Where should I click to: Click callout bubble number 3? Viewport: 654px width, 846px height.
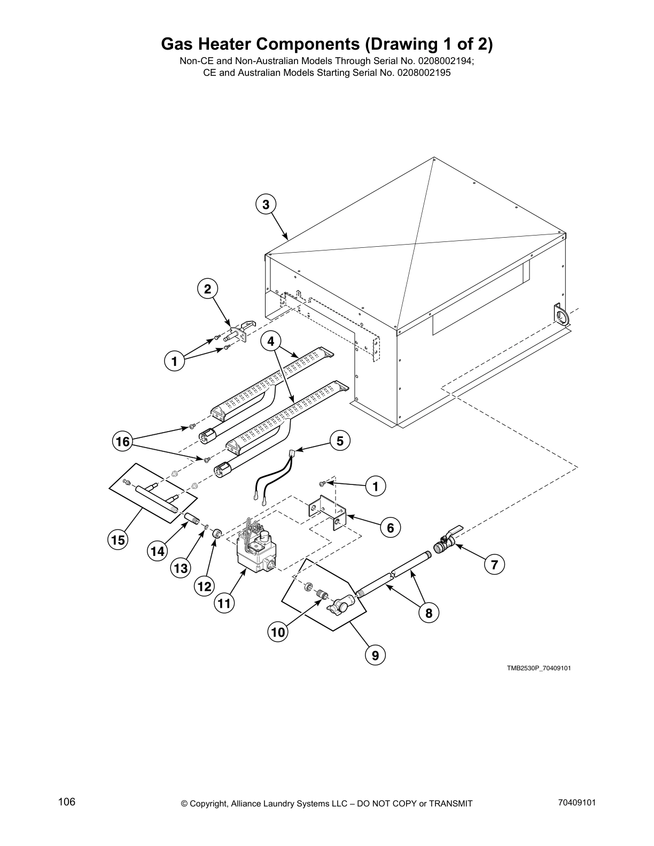[x=266, y=204]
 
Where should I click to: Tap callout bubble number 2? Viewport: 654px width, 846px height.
[x=207, y=289]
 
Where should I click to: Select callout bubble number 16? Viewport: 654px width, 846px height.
[x=123, y=441]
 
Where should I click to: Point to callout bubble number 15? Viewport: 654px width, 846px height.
[x=118, y=540]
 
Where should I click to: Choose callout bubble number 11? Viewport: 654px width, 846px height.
[x=225, y=604]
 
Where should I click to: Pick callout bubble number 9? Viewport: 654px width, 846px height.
[x=375, y=655]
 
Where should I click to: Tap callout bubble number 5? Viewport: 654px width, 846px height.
[x=340, y=441]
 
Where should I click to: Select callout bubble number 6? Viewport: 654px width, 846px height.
[x=390, y=528]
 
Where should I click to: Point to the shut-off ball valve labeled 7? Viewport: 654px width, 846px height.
[x=445, y=543]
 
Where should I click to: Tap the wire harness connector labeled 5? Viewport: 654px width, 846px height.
[x=292, y=453]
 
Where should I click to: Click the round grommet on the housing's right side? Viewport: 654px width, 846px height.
[x=560, y=314]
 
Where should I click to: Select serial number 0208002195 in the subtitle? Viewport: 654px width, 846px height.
[x=424, y=73]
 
